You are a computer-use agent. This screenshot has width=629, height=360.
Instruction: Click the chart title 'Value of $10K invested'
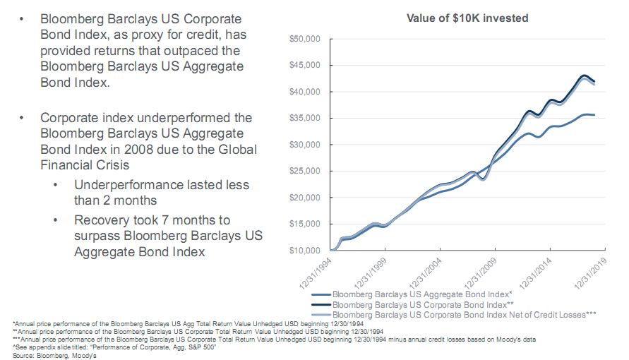467,18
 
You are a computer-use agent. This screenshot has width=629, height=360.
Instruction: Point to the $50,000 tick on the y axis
305,39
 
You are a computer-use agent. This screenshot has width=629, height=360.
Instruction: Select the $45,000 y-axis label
305,65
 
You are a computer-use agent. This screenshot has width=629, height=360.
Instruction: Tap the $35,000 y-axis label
305,118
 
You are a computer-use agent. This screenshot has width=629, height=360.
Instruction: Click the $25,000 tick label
305,171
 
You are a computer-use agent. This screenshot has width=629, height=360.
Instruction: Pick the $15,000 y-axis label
305,224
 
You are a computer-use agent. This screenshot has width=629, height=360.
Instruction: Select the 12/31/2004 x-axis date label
427,268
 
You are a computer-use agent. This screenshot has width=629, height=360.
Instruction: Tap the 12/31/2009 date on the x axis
481,268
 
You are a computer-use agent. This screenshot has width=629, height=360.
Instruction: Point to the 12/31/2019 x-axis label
591,268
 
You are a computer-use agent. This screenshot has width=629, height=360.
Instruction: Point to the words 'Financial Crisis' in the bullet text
87,166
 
